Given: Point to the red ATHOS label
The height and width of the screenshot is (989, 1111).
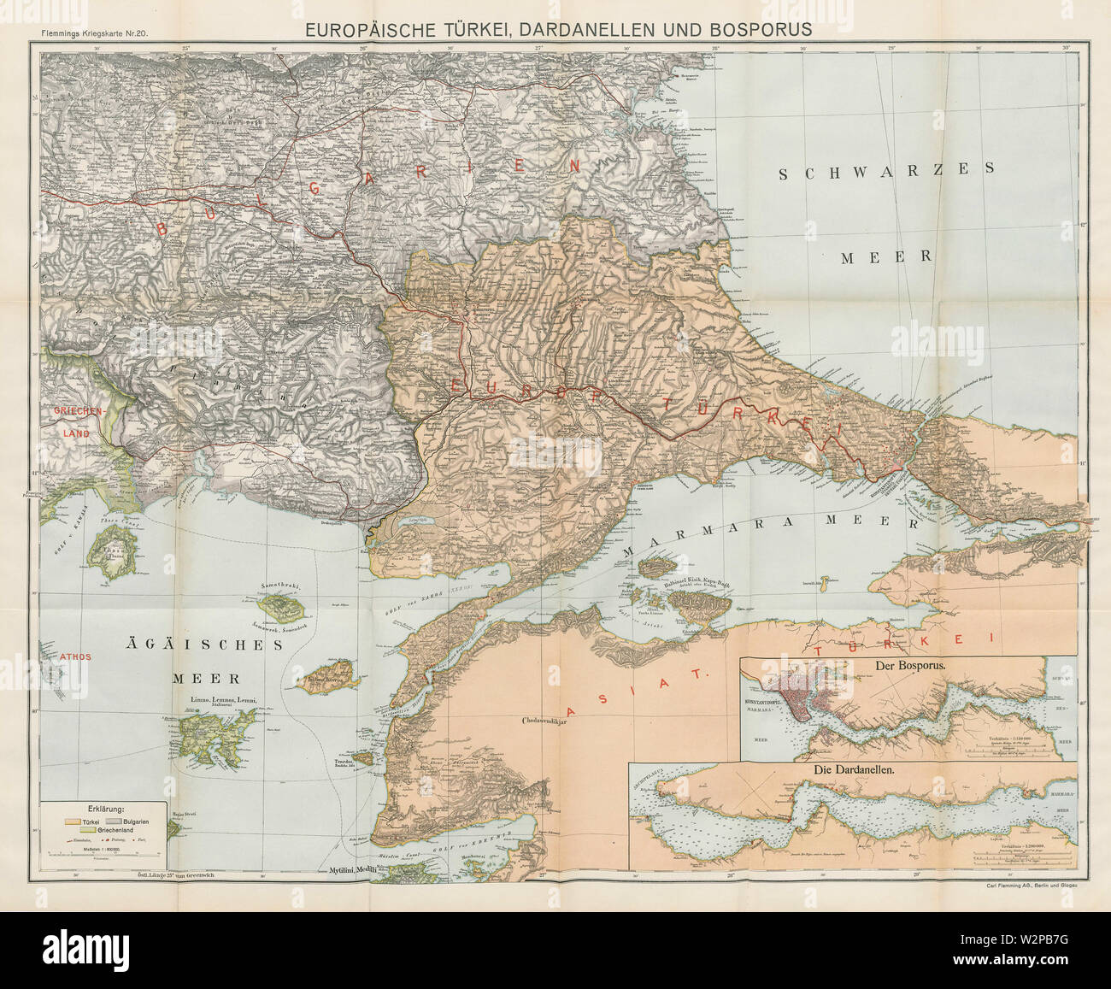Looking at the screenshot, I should (x=75, y=656).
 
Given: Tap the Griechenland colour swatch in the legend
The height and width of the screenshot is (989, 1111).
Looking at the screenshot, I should (x=88, y=830).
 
